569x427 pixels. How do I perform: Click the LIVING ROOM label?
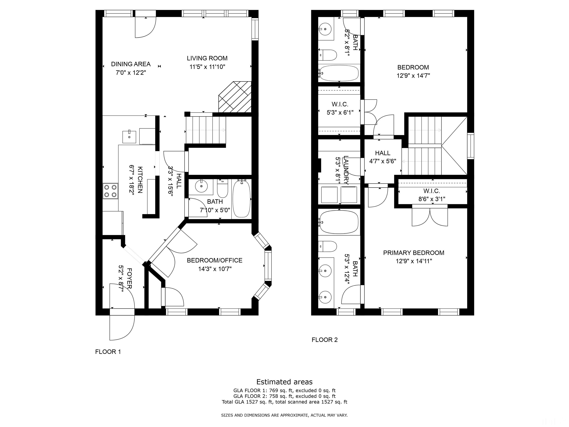207,58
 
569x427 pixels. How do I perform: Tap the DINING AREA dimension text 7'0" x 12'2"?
131,73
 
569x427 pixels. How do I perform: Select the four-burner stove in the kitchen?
111,191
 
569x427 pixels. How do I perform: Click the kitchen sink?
129,137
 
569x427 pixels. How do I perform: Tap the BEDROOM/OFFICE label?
214,260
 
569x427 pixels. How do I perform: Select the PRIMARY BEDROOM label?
414,253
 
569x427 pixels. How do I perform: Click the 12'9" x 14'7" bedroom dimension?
413,76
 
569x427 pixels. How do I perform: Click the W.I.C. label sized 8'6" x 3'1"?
432,191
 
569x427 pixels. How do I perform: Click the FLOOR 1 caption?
108,352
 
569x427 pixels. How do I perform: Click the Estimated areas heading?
284,382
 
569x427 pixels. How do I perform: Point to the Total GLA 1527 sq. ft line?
284,402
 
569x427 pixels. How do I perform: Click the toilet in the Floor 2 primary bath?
327,246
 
